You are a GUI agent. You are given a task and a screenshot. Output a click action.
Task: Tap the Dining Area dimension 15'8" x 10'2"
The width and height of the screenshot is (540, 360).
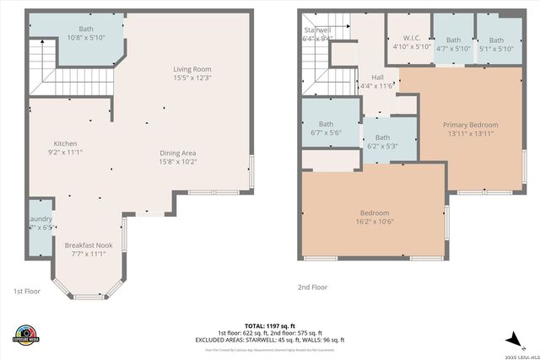(x=178, y=162)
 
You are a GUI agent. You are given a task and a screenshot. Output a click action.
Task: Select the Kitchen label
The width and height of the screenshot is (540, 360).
(x=66, y=142)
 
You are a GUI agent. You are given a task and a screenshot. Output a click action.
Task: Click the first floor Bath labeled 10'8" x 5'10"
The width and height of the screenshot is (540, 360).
(x=85, y=33)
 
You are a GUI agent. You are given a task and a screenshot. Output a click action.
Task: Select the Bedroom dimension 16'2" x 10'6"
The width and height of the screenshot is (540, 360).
(x=375, y=222)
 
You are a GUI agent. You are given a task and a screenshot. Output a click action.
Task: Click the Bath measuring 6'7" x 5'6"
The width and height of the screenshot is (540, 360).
(x=326, y=128)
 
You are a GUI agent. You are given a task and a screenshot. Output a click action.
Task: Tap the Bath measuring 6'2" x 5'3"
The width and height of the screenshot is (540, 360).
(x=382, y=142)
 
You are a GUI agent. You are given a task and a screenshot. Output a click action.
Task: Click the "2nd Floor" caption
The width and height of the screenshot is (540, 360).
(x=312, y=287)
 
